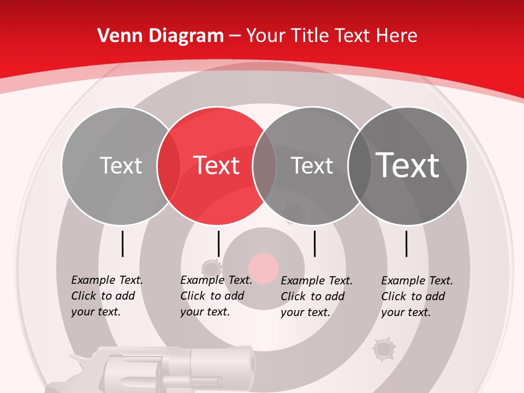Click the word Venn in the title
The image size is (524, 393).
(119, 36)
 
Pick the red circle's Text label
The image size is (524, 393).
(217, 165)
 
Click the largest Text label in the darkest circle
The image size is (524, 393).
(408, 165)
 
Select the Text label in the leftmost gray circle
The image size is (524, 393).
(121, 165)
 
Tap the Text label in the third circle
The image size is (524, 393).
(312, 165)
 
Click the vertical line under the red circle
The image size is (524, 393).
(218, 243)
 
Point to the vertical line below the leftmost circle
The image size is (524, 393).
(122, 243)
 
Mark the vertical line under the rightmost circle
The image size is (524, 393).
(407, 243)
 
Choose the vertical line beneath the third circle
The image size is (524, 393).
(314, 243)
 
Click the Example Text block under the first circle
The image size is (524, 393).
(106, 296)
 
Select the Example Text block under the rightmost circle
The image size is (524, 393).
(416, 296)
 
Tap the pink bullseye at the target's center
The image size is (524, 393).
(264, 268)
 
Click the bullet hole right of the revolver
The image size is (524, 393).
(384, 348)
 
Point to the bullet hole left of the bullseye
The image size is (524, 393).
(211, 269)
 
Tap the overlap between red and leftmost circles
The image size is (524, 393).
(169, 165)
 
